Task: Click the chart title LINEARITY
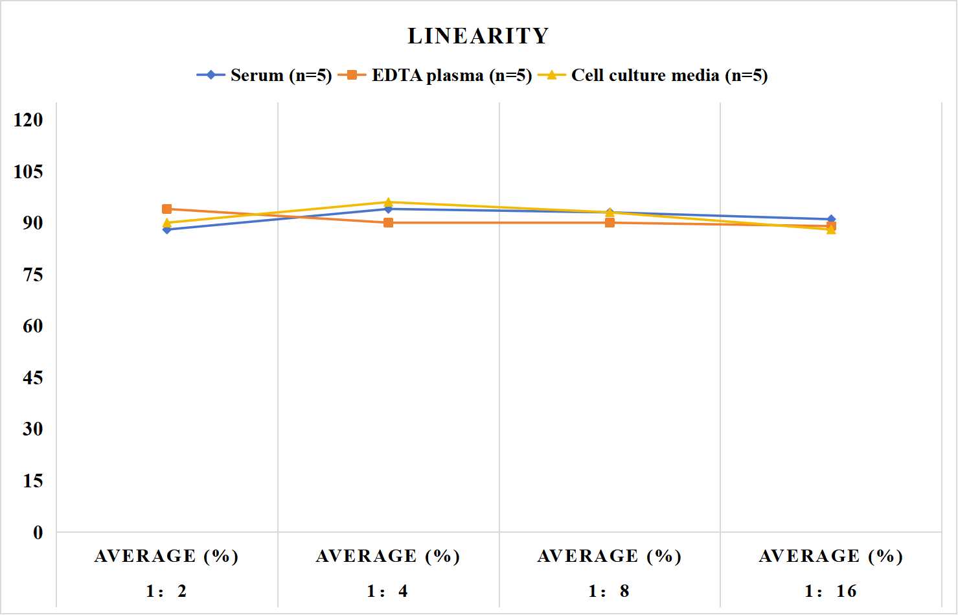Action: click(x=478, y=36)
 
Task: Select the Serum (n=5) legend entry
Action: click(x=264, y=75)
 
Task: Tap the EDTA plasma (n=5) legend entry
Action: click(x=435, y=75)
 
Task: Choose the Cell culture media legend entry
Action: click(x=653, y=75)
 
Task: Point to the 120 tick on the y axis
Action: click(x=29, y=120)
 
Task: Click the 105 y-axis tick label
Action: click(x=29, y=172)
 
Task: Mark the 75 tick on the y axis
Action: click(x=33, y=275)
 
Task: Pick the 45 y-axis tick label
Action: click(x=33, y=378)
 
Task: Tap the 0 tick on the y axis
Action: click(x=38, y=533)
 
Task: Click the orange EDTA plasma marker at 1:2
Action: click(x=167, y=209)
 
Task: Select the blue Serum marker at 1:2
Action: click(x=167, y=230)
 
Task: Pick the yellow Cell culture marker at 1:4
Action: click(x=389, y=202)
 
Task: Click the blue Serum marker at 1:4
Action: click(x=389, y=209)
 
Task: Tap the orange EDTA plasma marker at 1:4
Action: click(x=389, y=222)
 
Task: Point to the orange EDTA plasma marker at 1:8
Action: click(x=610, y=222)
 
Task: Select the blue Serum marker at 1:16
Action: click(x=831, y=219)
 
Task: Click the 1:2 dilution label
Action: click(x=167, y=591)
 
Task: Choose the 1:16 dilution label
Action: click(x=831, y=591)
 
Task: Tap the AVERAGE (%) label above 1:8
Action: click(x=610, y=557)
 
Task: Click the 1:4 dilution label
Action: click(x=388, y=591)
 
